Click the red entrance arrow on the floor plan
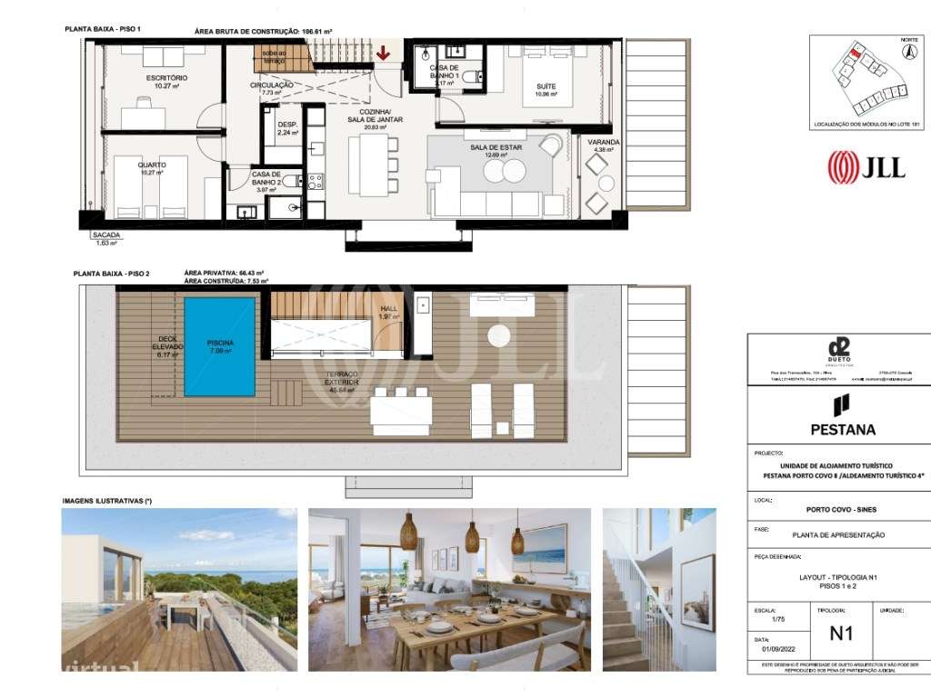tap(384, 54)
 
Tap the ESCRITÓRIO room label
tap(166, 78)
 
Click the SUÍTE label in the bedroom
tap(546, 86)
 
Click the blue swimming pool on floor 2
tap(220, 346)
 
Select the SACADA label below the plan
tap(107, 235)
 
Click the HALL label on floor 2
tap(388, 309)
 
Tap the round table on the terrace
tap(500, 336)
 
